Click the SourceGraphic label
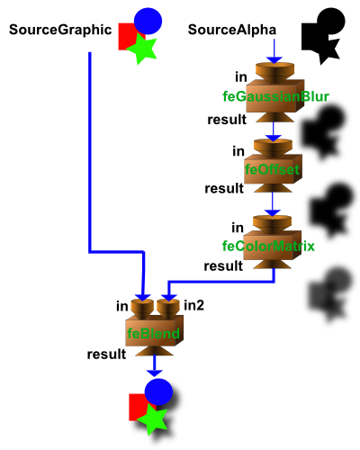tap(60, 30)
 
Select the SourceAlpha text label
tap(232, 30)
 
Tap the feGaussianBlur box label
tap(275, 96)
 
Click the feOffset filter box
tap(273, 169)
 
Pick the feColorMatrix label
tap(268, 246)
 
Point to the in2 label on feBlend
tap(193, 305)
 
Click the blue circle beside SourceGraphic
tap(148, 21)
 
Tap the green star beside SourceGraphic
tap(142, 49)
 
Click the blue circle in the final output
tap(158, 391)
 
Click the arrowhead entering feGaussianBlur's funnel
tap(274, 59)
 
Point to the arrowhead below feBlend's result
tap(155, 373)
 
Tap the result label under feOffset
tap(224, 189)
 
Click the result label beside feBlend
tap(106, 355)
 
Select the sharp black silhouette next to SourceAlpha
tap(323, 36)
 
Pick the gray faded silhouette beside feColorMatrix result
tap(330, 294)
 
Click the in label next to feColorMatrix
tap(238, 228)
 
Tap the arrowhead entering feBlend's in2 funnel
tap(168, 297)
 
